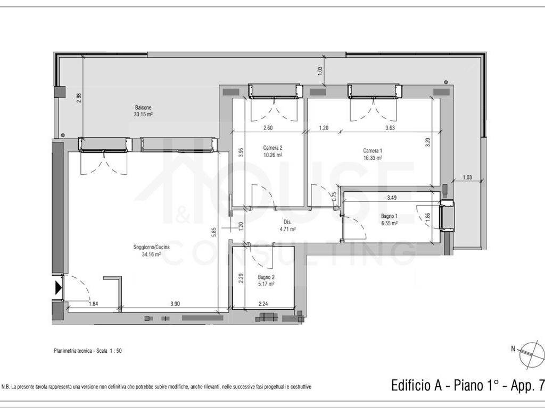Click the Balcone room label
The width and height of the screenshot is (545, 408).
[x=143, y=107]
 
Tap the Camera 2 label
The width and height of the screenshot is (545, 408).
[x=273, y=148]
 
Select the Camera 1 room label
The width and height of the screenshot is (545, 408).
[x=373, y=151]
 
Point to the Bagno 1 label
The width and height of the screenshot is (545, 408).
[x=389, y=217]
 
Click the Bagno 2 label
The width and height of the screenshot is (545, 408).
[x=266, y=277]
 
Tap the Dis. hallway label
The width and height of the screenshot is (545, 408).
[x=287, y=222]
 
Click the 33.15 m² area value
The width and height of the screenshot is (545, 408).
[x=143, y=114]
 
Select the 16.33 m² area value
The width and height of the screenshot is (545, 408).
[x=373, y=158]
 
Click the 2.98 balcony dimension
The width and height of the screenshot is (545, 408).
[x=79, y=98]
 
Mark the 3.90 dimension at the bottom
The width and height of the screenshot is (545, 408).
[x=175, y=304]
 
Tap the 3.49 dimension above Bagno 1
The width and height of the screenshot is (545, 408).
[x=392, y=198]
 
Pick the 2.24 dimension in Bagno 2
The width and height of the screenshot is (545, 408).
[x=263, y=304]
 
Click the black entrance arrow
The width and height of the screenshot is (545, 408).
[x=58, y=287]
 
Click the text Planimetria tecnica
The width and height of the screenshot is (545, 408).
[x=72, y=351]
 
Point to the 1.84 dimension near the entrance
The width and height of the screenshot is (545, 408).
[x=94, y=304]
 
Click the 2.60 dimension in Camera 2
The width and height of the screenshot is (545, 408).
[x=268, y=127]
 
